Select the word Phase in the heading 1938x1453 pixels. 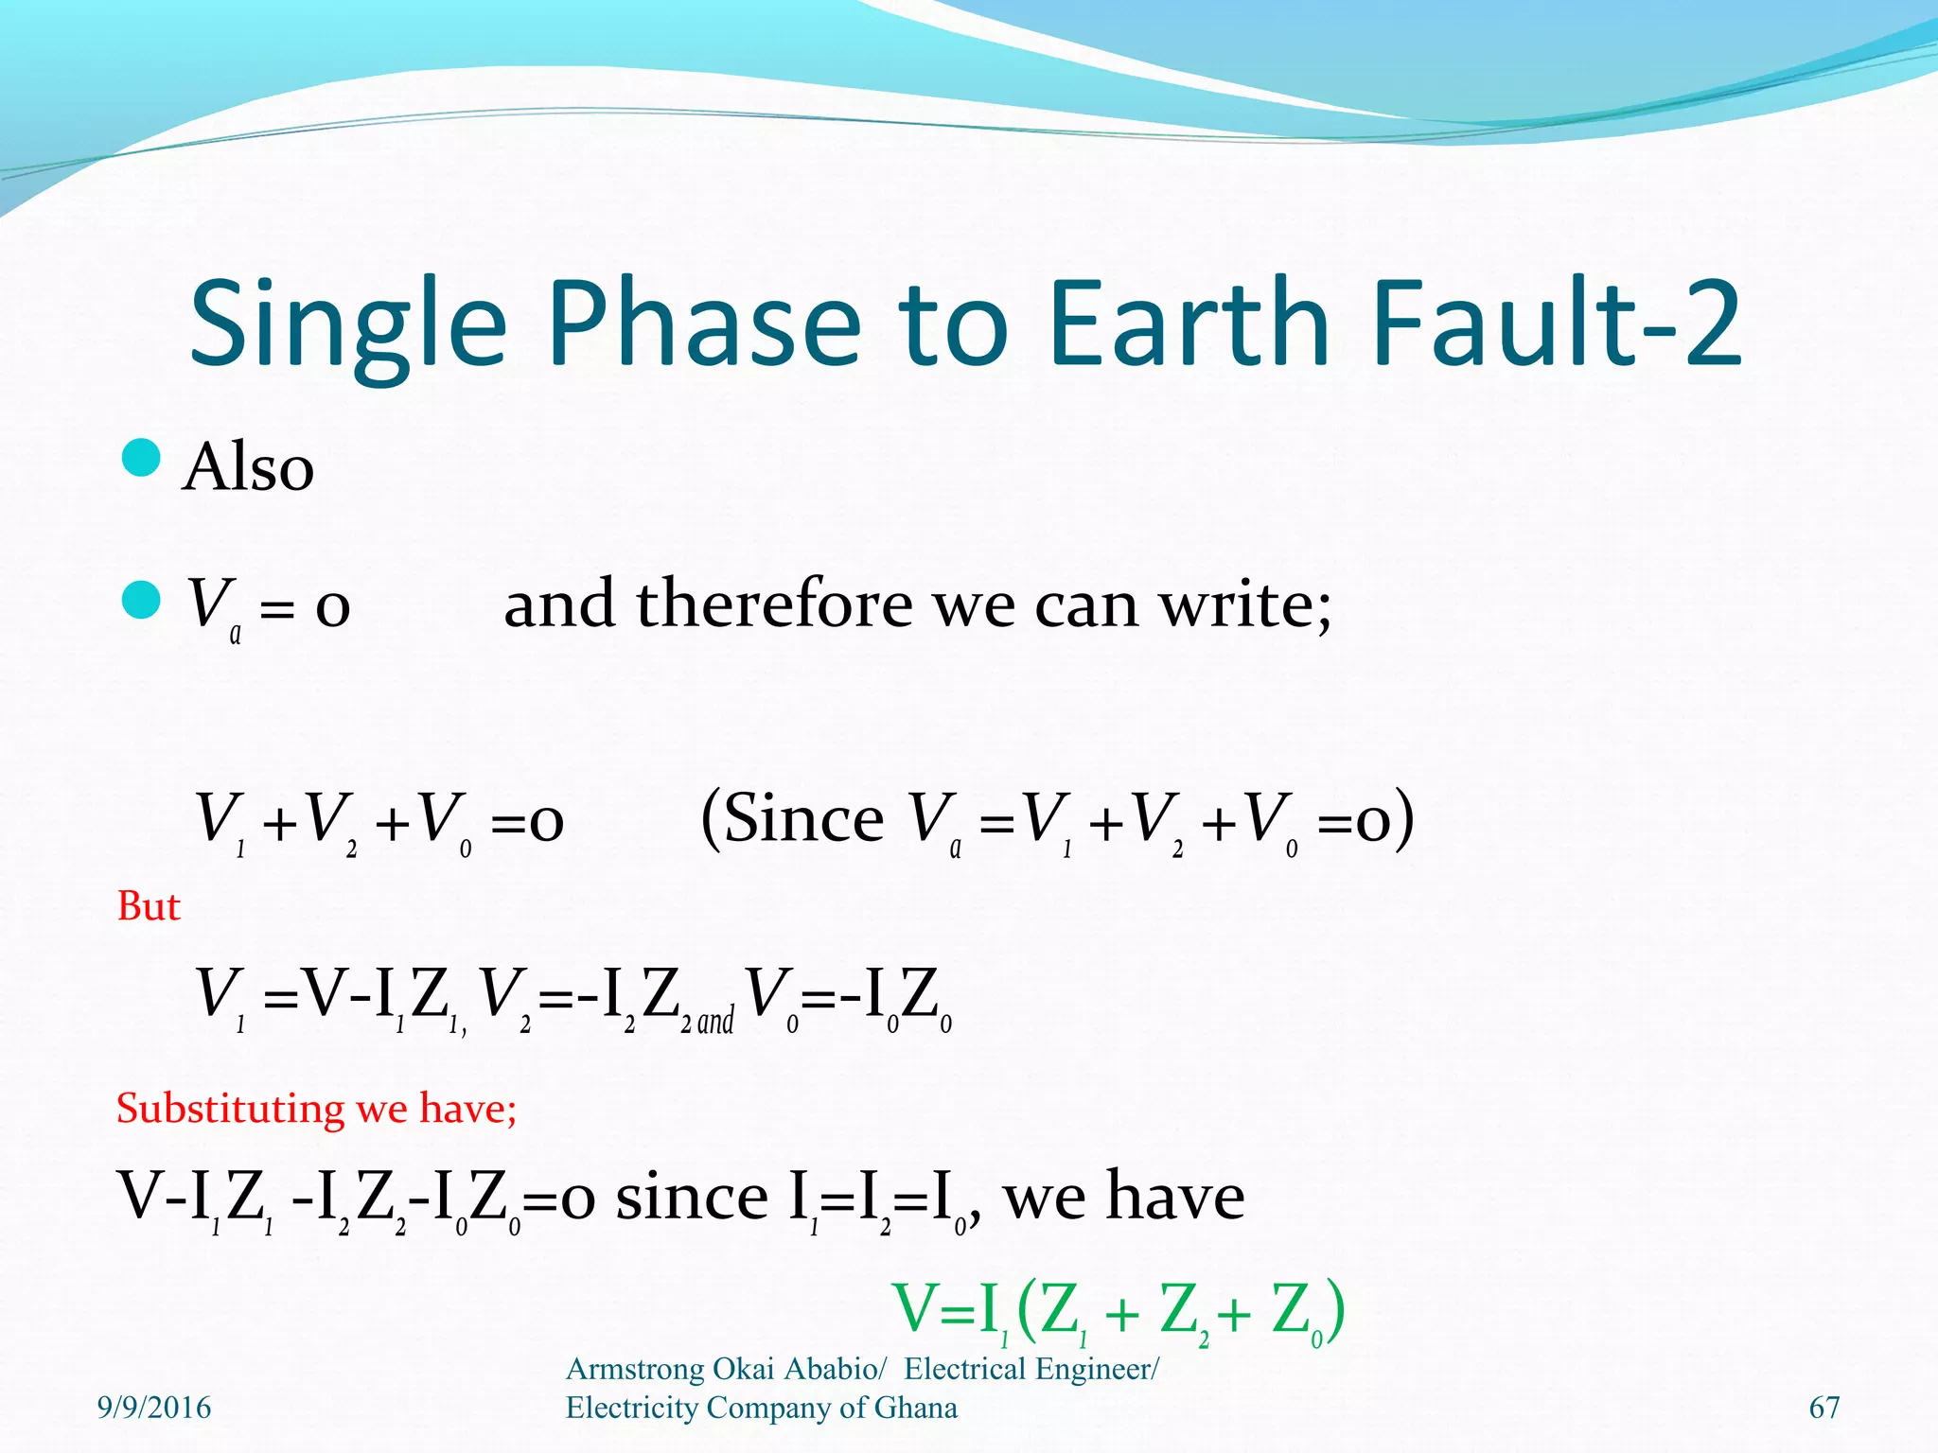(x=704, y=324)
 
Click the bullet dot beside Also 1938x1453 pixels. (x=141, y=459)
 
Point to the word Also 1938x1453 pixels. (x=248, y=467)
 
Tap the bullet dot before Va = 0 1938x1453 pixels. (x=141, y=600)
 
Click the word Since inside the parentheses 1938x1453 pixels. (x=803, y=818)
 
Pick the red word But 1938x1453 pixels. (x=148, y=906)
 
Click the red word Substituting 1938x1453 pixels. (x=230, y=1109)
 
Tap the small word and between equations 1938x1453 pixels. (x=715, y=1022)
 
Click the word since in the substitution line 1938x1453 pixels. (x=692, y=1197)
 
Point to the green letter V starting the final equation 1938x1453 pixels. (x=914, y=1309)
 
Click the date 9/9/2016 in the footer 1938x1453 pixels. (x=154, y=1408)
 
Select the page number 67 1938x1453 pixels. (x=1823, y=1408)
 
